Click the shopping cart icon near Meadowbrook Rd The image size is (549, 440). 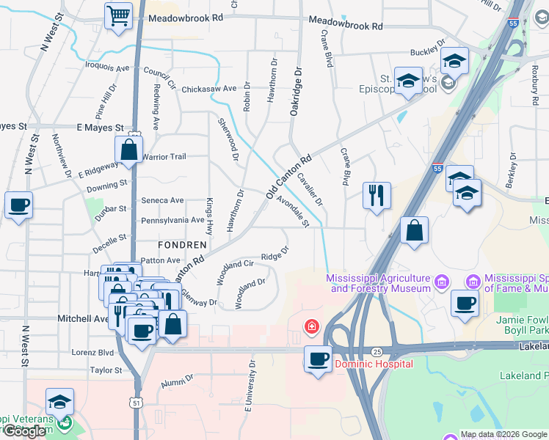tap(118, 15)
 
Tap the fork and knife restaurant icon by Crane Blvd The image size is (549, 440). tap(377, 196)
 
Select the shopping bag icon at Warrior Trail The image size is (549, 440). tap(128, 150)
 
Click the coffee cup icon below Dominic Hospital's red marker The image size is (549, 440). tap(318, 359)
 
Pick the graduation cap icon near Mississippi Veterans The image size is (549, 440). tap(59, 402)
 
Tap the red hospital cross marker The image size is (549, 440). tap(312, 326)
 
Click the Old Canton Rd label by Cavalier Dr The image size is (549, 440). tap(289, 176)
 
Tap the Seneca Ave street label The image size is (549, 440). tap(162, 200)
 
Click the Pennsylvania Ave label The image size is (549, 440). tap(173, 220)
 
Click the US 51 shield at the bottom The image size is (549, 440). tap(134, 403)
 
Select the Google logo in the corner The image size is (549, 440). tap(25, 431)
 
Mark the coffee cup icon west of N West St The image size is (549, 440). tap(18, 205)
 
